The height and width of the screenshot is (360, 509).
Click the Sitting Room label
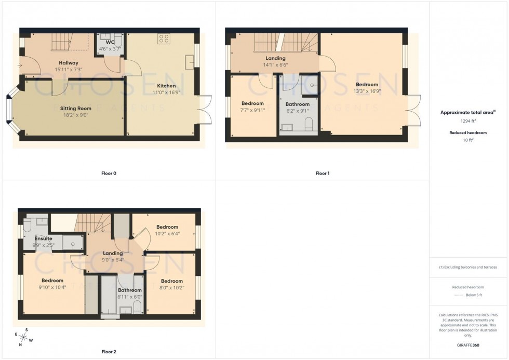click(68, 109)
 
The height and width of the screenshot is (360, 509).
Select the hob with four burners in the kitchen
click(165, 38)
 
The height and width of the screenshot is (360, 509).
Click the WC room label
click(110, 42)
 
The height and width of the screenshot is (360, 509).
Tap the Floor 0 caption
click(109, 173)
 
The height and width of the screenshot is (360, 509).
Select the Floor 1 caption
click(323, 173)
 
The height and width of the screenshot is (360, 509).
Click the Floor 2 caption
click(109, 352)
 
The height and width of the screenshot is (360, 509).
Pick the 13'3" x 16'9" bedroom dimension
click(367, 91)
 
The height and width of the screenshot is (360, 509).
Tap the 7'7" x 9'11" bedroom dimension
click(252, 110)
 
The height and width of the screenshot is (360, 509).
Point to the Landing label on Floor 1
click(276, 59)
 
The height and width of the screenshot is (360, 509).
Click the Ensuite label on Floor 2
click(44, 238)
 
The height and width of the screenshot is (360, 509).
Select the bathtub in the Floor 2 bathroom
click(109, 294)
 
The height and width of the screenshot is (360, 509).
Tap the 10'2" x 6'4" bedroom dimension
click(167, 233)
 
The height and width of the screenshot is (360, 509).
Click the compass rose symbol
click(24, 337)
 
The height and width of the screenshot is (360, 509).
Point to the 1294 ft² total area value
click(466, 121)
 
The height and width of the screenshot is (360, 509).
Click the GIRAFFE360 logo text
click(468, 345)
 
